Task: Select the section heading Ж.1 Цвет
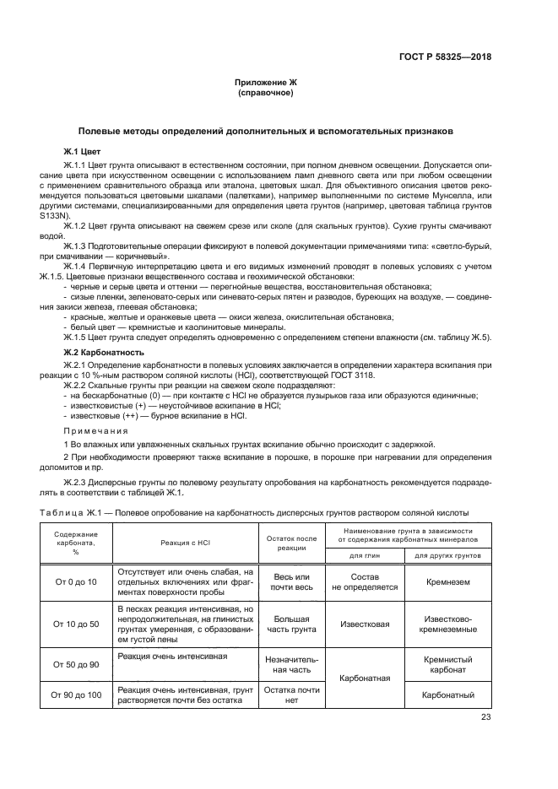click(x=82, y=150)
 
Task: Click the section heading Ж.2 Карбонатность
click(x=104, y=351)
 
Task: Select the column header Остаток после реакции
click(x=291, y=543)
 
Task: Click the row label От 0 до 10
click(x=76, y=582)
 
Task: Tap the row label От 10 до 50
click(x=76, y=624)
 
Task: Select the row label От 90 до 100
click(x=76, y=694)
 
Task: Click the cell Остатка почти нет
click(x=291, y=694)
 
